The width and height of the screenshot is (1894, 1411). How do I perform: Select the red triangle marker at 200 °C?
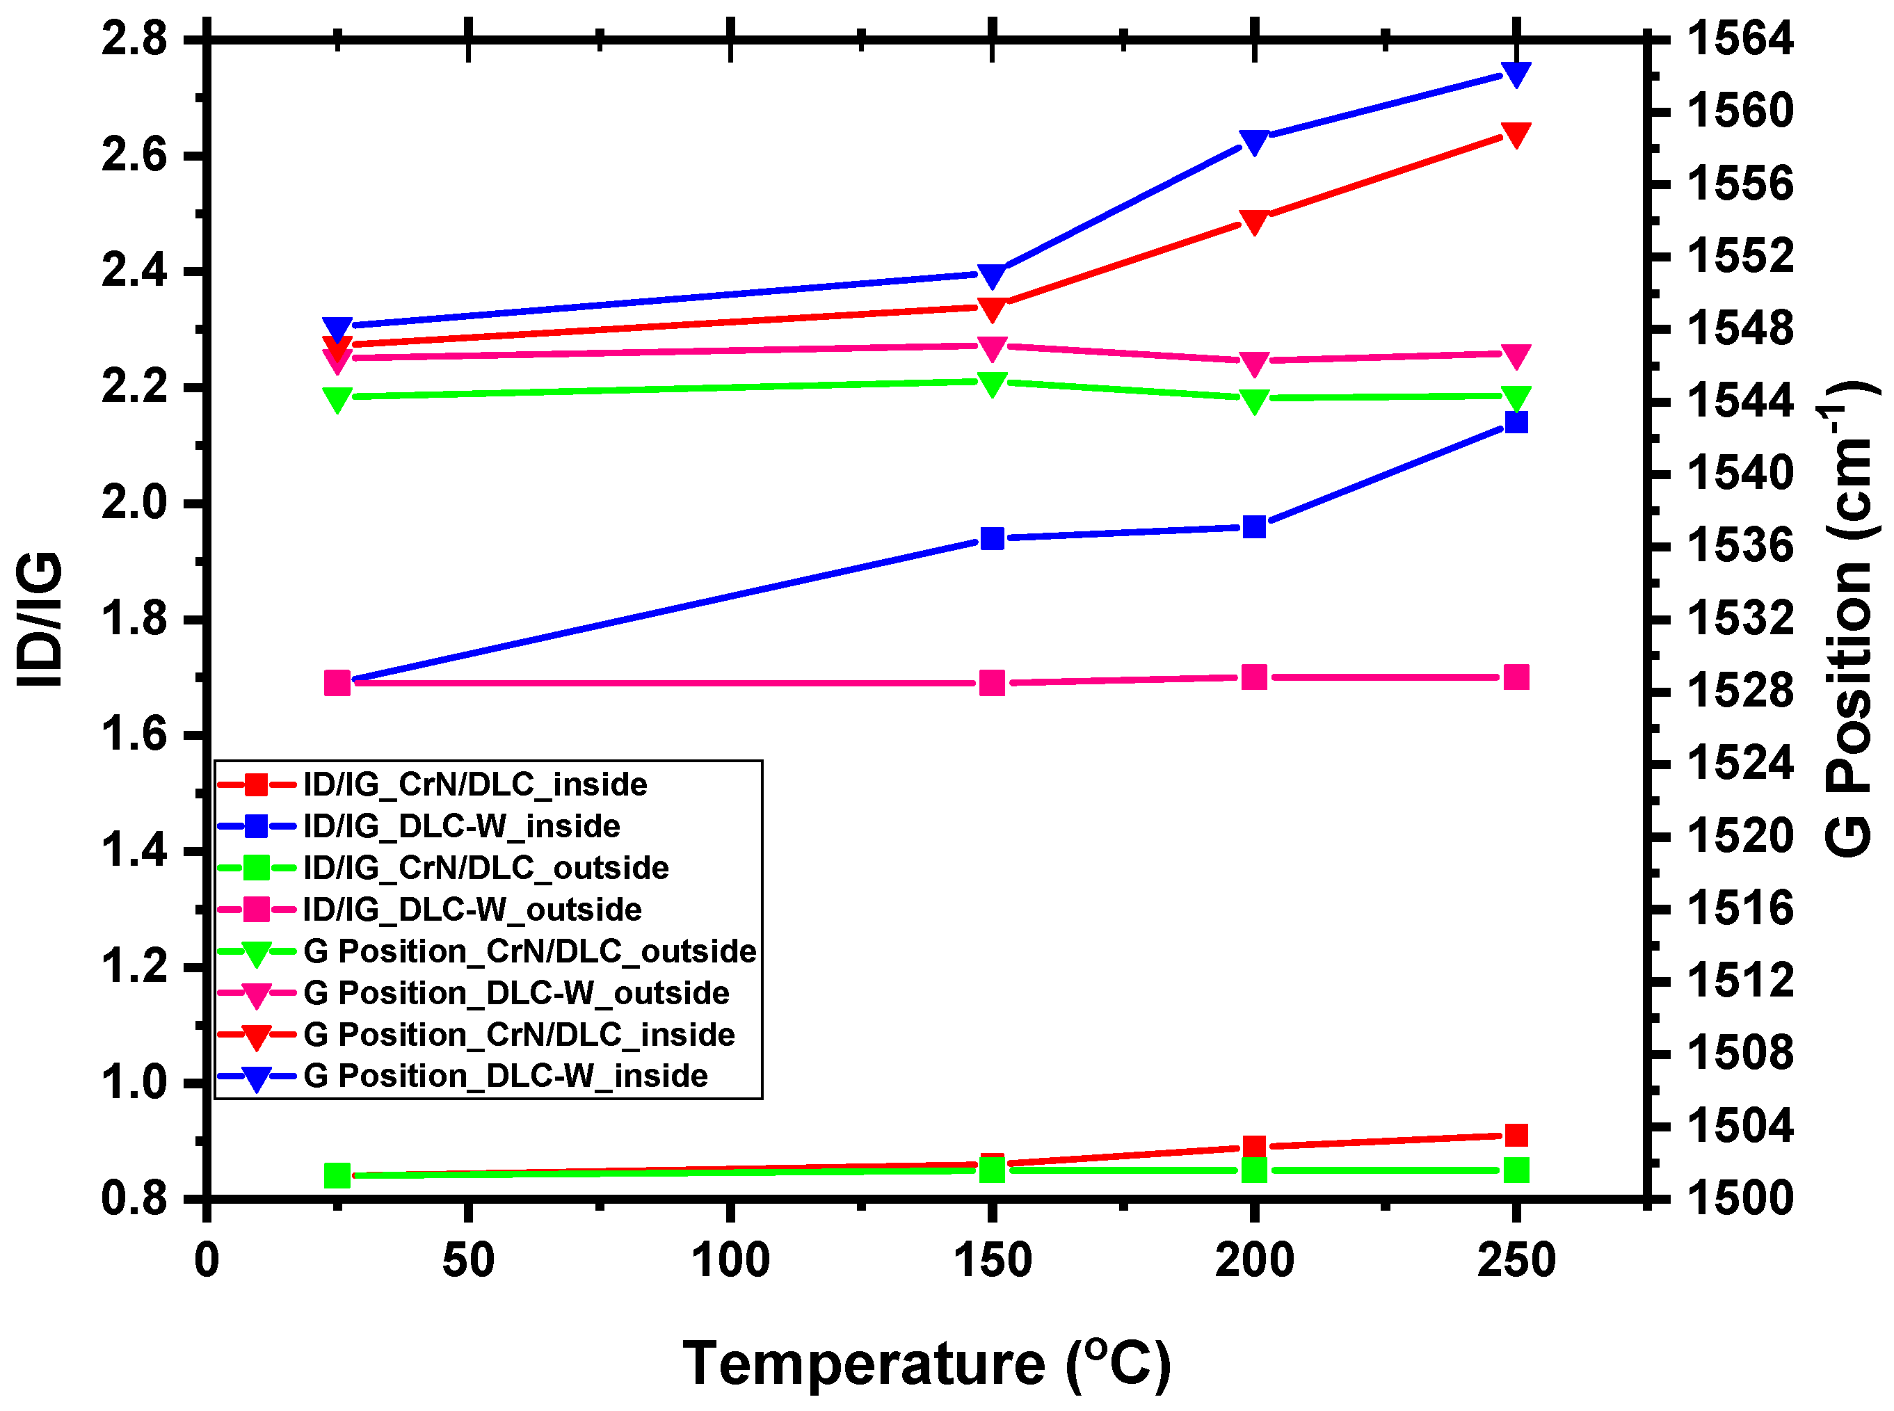pyautogui.click(x=1253, y=221)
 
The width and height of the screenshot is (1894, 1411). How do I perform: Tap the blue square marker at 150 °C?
pyautogui.click(x=992, y=538)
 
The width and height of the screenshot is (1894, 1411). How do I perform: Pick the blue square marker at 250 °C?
pyautogui.click(x=1516, y=422)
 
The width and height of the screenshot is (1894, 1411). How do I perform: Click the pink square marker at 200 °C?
pyautogui.click(x=1253, y=677)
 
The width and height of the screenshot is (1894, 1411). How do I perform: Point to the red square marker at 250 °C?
pyautogui.click(x=1516, y=1135)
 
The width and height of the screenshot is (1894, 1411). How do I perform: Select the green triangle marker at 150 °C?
pyautogui.click(x=992, y=383)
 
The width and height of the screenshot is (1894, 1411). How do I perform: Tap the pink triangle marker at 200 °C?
pyautogui.click(x=1253, y=363)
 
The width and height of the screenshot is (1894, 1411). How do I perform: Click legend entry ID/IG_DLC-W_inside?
pyautogui.click(x=461, y=826)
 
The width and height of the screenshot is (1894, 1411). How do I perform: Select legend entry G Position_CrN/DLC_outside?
pyautogui.click(x=530, y=951)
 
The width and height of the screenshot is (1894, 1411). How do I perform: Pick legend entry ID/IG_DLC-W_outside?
pyautogui.click(x=472, y=909)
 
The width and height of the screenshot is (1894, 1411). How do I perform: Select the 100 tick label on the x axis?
pyautogui.click(x=730, y=1260)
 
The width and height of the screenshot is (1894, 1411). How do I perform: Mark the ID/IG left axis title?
pyautogui.click(x=41, y=618)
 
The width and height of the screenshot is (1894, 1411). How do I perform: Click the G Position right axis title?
pyautogui.click(x=1850, y=618)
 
